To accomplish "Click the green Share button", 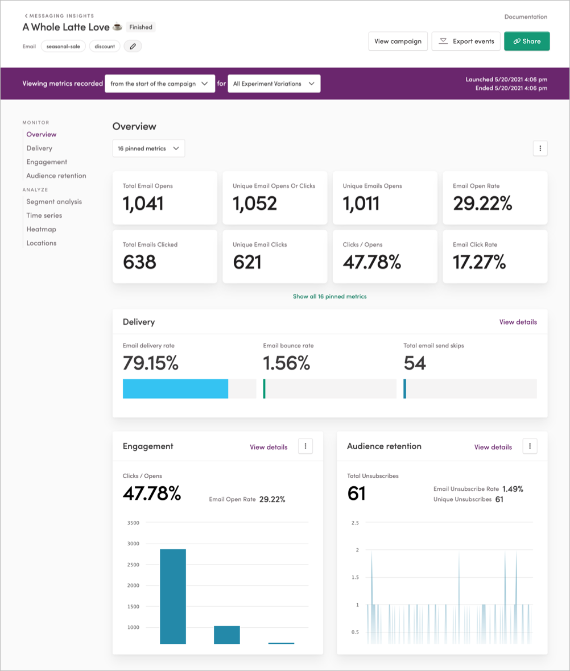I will coord(527,42).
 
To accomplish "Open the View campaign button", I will coord(398,42).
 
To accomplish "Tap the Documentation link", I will coord(526,17).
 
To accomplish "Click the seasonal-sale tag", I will coord(63,47).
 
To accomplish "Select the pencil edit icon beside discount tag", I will coord(133,47).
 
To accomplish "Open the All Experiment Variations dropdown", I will coord(274,84).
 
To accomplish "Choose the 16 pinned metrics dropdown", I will coord(148,148).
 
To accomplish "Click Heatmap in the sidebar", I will coord(41,229).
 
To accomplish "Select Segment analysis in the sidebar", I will coord(54,201).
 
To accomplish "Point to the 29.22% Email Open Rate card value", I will coord(482,203).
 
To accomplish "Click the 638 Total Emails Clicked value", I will coord(139,262).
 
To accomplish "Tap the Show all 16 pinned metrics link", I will coord(329,296).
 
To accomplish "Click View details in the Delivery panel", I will coord(518,322).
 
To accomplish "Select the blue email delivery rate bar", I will coord(175,389).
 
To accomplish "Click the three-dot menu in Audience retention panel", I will coord(530,446).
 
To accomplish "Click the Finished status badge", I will coord(140,27).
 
